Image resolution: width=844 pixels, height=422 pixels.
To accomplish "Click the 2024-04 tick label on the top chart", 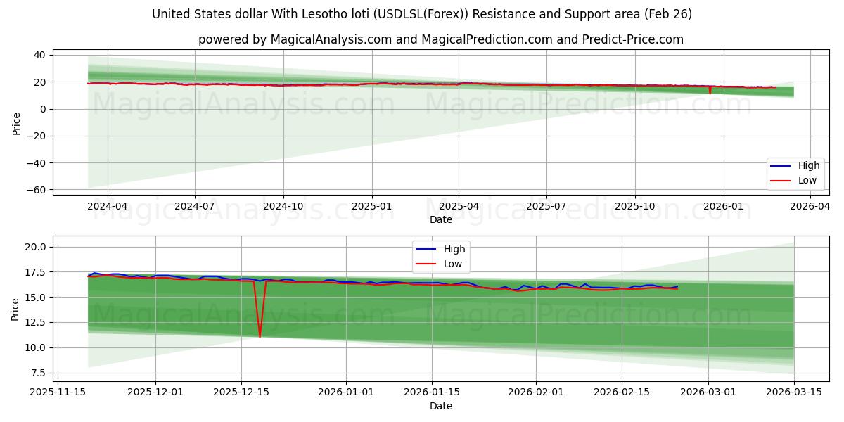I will tap(107, 207).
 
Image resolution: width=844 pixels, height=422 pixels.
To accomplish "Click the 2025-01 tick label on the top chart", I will tap(371, 207).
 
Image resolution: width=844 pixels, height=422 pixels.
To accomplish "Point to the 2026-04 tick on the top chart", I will tap(811, 207).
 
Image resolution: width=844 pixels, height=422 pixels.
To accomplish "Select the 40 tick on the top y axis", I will tap(41, 55).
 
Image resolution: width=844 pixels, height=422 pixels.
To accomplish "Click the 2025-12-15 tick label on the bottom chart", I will tap(241, 392).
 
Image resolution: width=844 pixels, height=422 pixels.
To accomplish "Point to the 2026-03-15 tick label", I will tap(794, 392).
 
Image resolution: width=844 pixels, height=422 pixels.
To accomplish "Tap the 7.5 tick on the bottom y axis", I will tap(39, 373).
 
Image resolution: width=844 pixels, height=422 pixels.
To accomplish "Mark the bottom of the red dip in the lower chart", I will tap(260, 337).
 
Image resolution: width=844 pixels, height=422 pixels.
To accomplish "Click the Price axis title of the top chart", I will tap(16, 122).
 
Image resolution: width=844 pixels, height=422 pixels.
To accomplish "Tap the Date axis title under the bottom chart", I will tap(441, 407).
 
